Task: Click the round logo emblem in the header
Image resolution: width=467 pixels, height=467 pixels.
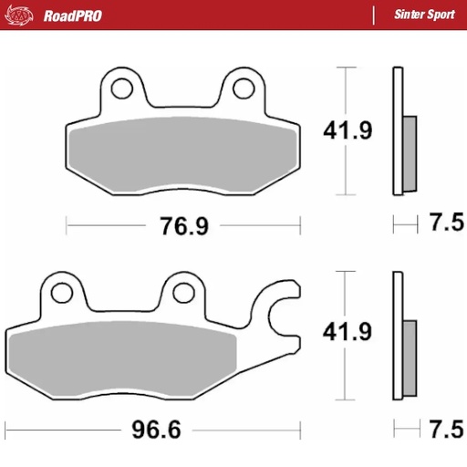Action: pyautogui.click(x=25, y=16)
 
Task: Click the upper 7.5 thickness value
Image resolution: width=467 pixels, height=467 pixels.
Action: pyautogui.click(x=446, y=223)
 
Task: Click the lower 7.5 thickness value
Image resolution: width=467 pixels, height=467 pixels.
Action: pyautogui.click(x=446, y=427)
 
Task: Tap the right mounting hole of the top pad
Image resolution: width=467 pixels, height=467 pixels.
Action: pyautogui.click(x=243, y=88)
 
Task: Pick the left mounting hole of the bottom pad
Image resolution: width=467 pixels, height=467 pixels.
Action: pyautogui.click(x=61, y=293)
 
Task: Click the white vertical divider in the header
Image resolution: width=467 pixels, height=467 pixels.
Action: pyautogui.click(x=374, y=16)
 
